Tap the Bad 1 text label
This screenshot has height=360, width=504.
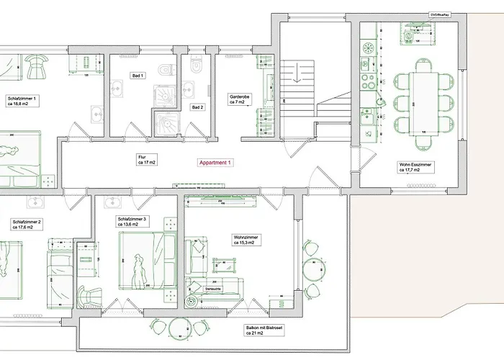pyautogui.click(x=138, y=76)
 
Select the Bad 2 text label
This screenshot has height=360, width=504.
pyautogui.click(x=197, y=107)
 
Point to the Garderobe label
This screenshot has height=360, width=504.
pyautogui.click(x=239, y=99)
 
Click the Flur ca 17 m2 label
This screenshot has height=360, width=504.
pyautogui.click(x=147, y=160)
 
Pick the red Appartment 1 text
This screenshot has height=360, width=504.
pyautogui.click(x=215, y=163)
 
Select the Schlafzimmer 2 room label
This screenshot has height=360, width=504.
pyautogui.click(x=25, y=224)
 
